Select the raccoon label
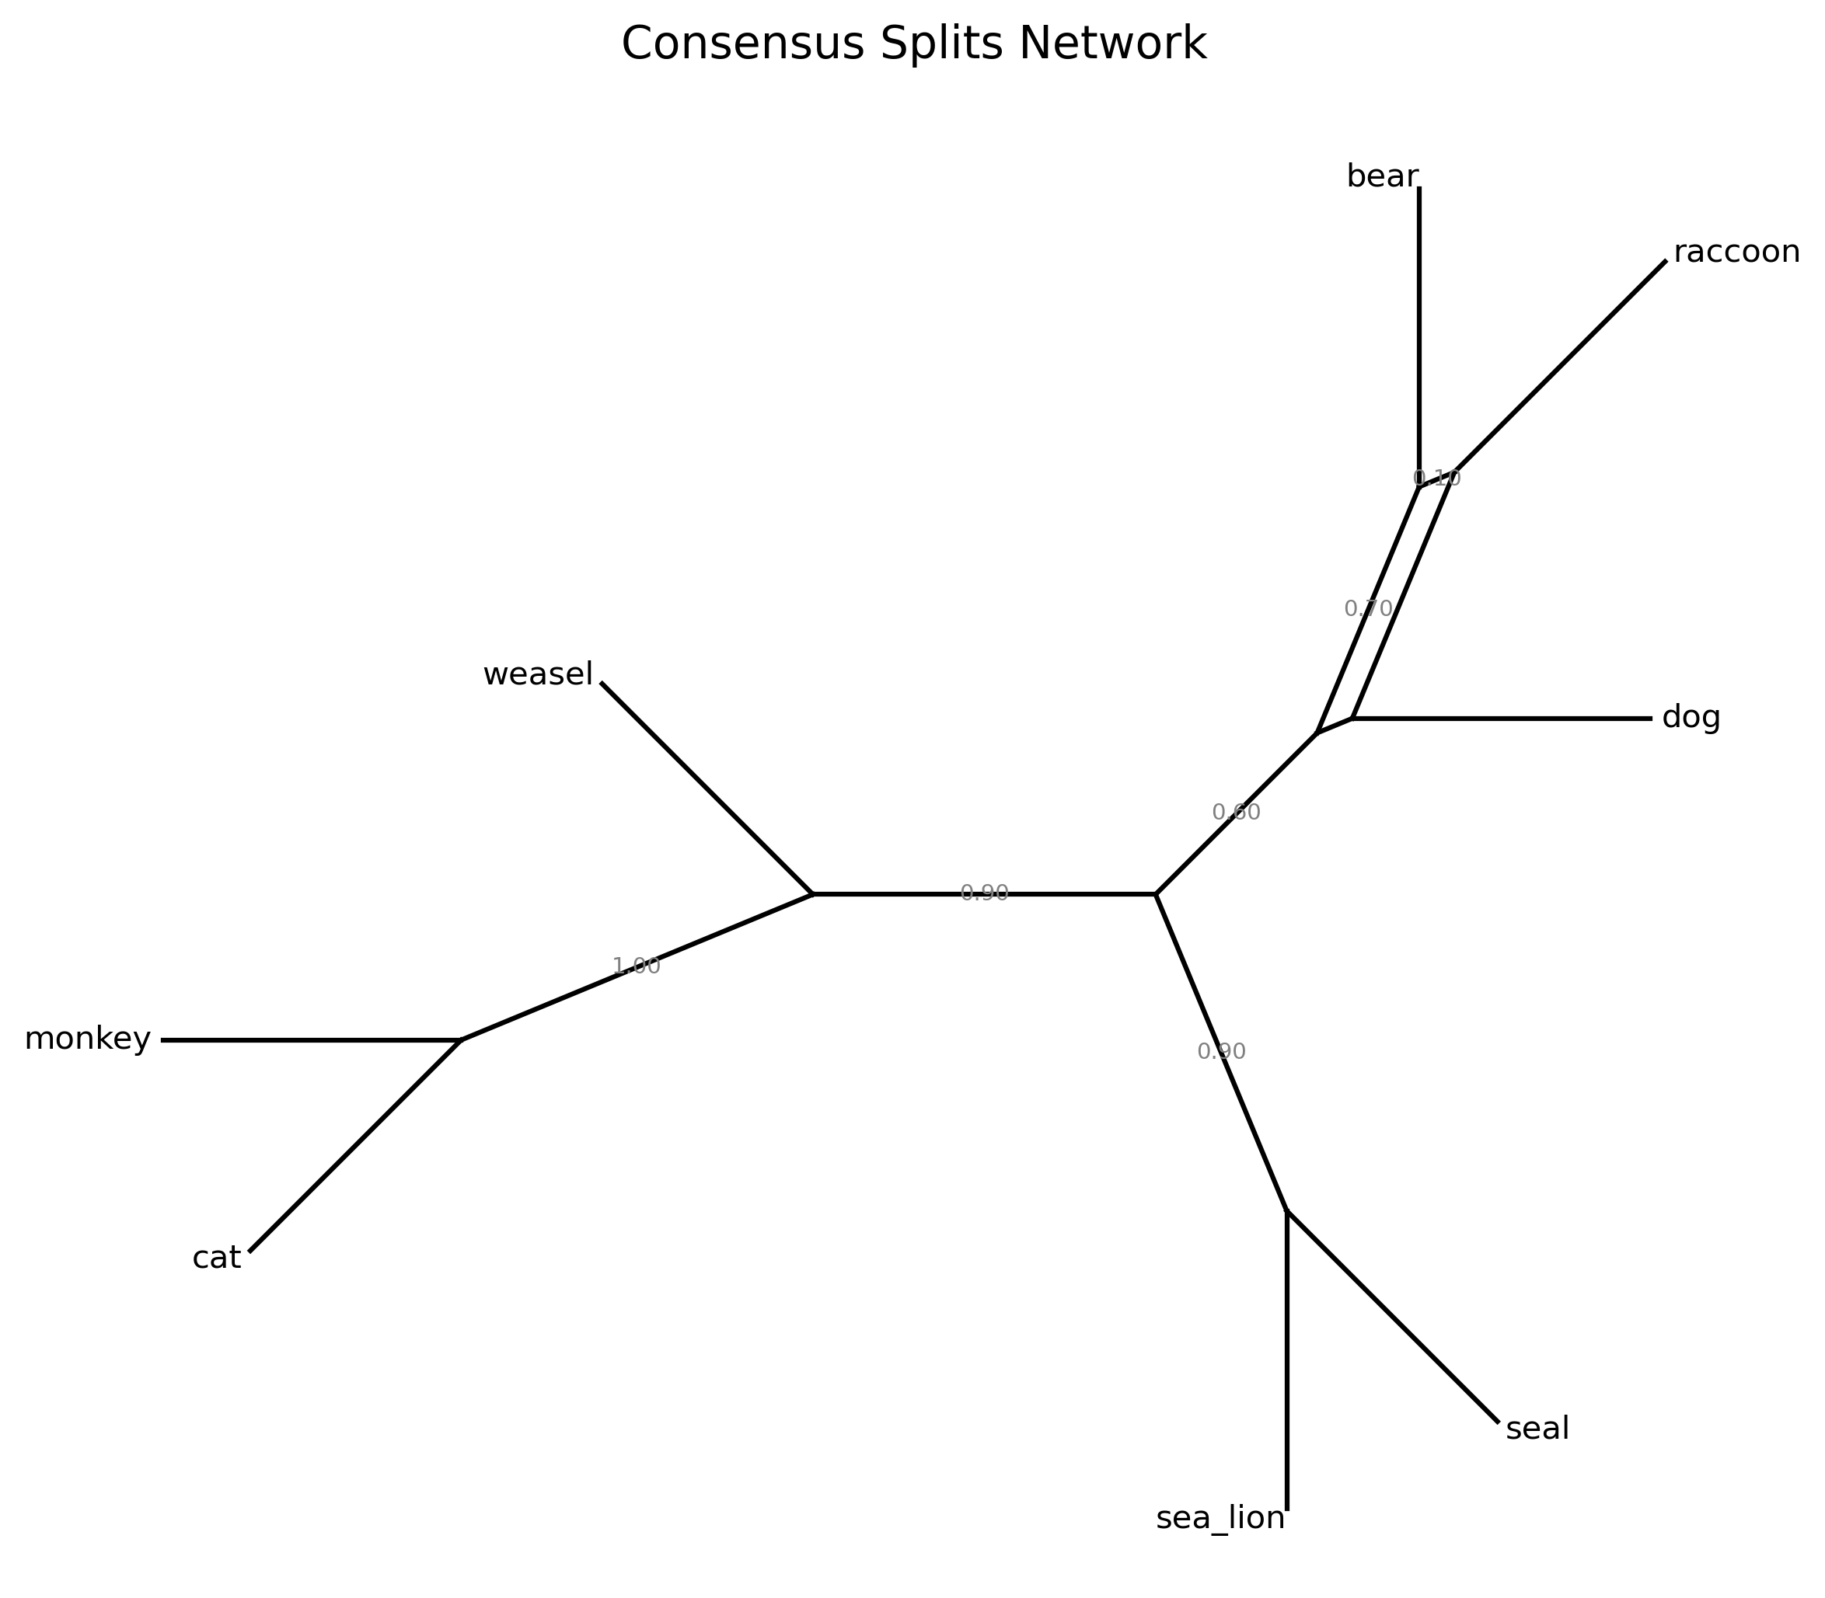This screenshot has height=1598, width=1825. (1736, 252)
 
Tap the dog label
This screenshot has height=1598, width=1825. (1691, 718)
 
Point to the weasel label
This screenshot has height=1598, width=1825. (537, 675)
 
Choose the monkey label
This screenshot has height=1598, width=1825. (87, 1039)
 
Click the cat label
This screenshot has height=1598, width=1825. (217, 1259)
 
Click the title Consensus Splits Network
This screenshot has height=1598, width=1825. (912, 44)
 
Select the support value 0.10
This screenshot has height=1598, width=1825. (1437, 478)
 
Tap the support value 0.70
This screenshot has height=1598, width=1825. (1367, 608)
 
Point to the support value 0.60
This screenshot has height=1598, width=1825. (1235, 813)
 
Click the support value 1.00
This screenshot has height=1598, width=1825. (636, 966)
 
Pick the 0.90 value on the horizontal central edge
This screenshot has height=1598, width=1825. (984, 893)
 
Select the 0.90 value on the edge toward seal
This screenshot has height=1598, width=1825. (1221, 1051)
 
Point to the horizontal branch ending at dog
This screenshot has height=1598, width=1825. (1507, 718)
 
